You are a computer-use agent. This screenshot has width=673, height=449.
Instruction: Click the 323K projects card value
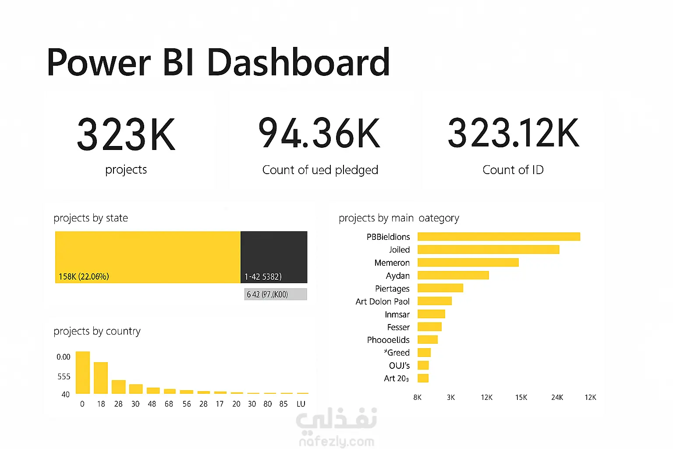pyautogui.click(x=126, y=134)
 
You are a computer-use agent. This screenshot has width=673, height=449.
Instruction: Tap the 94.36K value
pyautogui.click(x=319, y=133)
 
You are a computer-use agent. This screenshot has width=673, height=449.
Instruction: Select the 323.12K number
pyautogui.click(x=513, y=132)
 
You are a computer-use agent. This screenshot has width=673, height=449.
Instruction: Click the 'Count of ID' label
pyautogui.click(x=513, y=170)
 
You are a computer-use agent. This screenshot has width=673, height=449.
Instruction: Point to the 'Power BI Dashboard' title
pyautogui.click(x=218, y=62)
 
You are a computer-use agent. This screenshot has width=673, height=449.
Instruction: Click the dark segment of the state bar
pyautogui.click(x=274, y=257)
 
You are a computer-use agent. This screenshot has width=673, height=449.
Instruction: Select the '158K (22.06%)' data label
pyautogui.click(x=84, y=277)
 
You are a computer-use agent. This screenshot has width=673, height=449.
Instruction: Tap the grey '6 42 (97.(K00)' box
pyautogui.click(x=276, y=294)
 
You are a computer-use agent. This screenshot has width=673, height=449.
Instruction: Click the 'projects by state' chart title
pyautogui.click(x=91, y=218)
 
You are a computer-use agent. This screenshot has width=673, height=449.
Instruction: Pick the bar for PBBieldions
pyautogui.click(x=499, y=237)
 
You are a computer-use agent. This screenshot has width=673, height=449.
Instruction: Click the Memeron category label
pyautogui.click(x=392, y=263)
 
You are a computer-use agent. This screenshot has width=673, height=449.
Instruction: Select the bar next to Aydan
pyautogui.click(x=453, y=275)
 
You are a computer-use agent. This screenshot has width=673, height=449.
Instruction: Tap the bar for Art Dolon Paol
pyautogui.click(x=434, y=301)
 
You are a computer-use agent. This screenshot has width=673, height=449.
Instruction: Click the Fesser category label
pyautogui.click(x=398, y=327)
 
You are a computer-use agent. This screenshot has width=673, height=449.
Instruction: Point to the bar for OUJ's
pyautogui.click(x=423, y=365)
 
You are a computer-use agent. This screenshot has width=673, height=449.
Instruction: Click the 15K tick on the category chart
pyautogui.click(x=521, y=397)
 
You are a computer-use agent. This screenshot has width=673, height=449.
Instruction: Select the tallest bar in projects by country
pyautogui.click(x=83, y=373)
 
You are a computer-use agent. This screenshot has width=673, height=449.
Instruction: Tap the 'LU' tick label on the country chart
pyautogui.click(x=301, y=404)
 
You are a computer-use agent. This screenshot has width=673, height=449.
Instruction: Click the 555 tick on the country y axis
pyautogui.click(x=64, y=377)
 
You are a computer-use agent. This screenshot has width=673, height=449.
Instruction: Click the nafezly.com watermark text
pyautogui.click(x=336, y=442)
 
